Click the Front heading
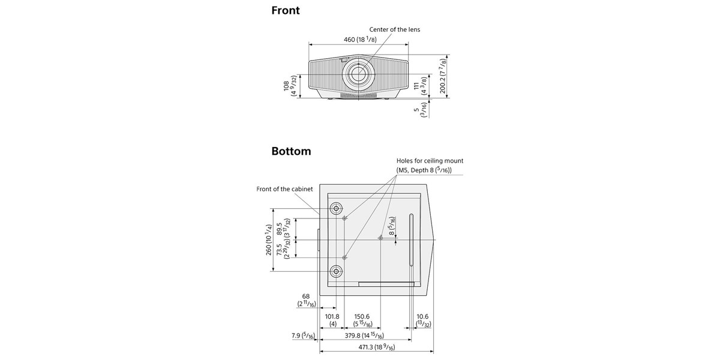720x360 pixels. pos(286,10)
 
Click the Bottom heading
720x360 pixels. pos(291,151)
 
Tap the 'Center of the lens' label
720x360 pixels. pos(394,29)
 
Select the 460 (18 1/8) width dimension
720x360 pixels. pos(360,40)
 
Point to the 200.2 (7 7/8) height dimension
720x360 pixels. pos(443,76)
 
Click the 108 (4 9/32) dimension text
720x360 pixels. pos(290,86)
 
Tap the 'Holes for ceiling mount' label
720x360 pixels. pos(430,161)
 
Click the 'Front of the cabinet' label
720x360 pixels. pos(284,189)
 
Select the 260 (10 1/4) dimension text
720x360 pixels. pos(269,240)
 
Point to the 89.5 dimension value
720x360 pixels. pos(280,229)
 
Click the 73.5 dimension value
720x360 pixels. pos(280,250)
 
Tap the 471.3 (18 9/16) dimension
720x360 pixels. pos(377,347)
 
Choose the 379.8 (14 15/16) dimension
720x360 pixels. pos(365,335)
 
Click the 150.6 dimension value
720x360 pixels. pos(362,317)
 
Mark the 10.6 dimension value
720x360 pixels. pos(422,317)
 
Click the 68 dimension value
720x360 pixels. pos(305,296)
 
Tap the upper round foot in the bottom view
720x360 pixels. pos(336,209)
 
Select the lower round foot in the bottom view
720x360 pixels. pos(336,271)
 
